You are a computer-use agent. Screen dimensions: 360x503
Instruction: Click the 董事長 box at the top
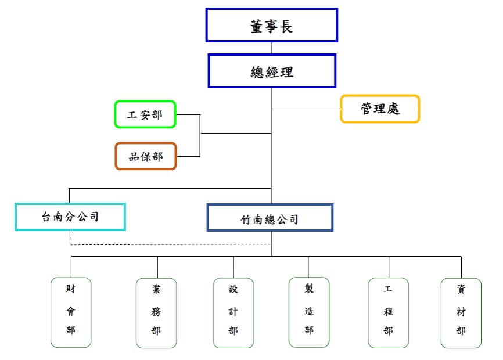click(x=271, y=26)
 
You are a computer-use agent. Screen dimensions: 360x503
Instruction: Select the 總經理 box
click(x=272, y=71)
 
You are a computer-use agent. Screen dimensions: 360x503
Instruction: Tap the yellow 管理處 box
click(x=379, y=109)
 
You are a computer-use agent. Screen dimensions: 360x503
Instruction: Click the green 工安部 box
click(x=145, y=114)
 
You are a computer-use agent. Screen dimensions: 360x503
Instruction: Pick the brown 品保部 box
click(x=145, y=156)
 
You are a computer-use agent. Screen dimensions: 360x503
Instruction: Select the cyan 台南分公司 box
click(x=70, y=217)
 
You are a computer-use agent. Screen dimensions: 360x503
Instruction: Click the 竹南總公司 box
click(x=270, y=218)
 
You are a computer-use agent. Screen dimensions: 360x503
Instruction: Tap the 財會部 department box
click(x=71, y=312)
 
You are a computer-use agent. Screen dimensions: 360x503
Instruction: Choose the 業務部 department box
click(x=156, y=313)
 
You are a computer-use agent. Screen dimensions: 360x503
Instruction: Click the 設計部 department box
click(x=233, y=313)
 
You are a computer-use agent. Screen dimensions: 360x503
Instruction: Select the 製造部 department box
click(x=308, y=312)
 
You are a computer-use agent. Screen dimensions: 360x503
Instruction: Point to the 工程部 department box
click(x=388, y=313)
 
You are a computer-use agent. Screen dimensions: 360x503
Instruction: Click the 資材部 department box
click(x=461, y=313)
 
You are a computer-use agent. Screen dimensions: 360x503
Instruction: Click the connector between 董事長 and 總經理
click(x=271, y=48)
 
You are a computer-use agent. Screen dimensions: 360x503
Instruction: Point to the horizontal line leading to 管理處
click(x=305, y=109)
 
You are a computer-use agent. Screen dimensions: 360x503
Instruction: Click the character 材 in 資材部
click(x=461, y=312)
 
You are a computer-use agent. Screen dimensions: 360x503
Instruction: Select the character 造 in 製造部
click(x=308, y=311)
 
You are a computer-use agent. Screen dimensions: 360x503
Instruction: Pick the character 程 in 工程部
click(x=388, y=312)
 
